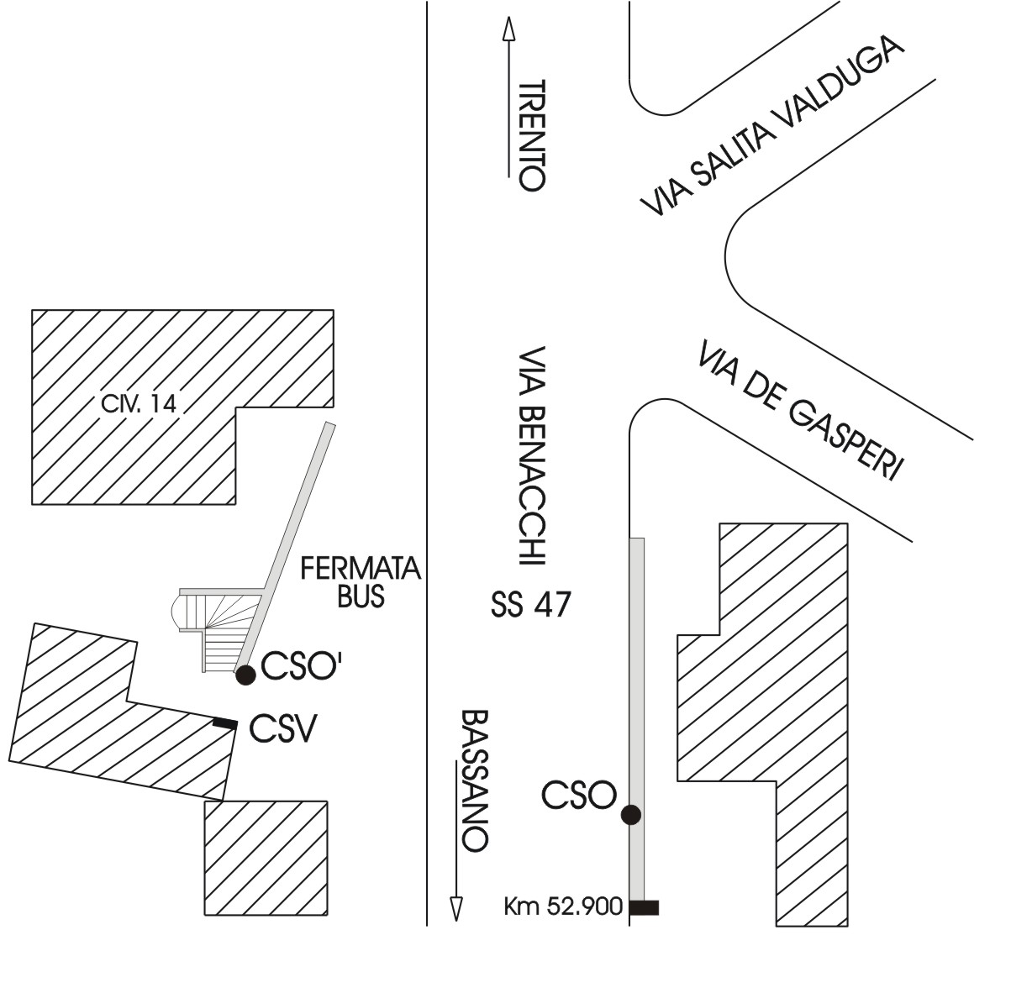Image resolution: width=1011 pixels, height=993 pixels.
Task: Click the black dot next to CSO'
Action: [245, 675]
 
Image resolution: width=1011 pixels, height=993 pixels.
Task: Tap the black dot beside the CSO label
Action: [630, 814]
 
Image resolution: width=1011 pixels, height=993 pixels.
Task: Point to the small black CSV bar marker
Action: [224, 722]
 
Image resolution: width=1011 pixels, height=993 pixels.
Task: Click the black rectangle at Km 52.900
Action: [645, 907]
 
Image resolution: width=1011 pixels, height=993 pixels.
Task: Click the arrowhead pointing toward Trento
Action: [508, 30]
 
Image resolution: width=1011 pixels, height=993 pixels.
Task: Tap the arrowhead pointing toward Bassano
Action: [456, 909]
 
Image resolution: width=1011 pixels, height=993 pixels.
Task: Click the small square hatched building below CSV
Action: [266, 858]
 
